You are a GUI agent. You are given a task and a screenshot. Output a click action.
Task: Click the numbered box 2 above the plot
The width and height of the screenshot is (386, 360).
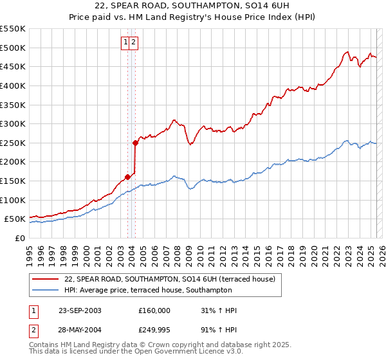click(133, 42)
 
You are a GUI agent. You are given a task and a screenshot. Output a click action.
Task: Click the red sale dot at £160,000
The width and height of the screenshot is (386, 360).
click(127, 177)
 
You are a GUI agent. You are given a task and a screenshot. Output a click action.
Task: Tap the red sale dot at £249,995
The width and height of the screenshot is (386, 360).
click(135, 143)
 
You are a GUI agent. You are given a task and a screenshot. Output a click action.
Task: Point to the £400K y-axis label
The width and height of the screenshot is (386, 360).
click(14, 85)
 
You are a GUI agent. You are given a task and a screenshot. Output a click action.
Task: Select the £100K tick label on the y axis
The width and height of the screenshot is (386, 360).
click(14, 200)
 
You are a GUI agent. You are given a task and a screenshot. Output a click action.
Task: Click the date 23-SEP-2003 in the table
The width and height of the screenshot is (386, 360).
click(80, 310)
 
